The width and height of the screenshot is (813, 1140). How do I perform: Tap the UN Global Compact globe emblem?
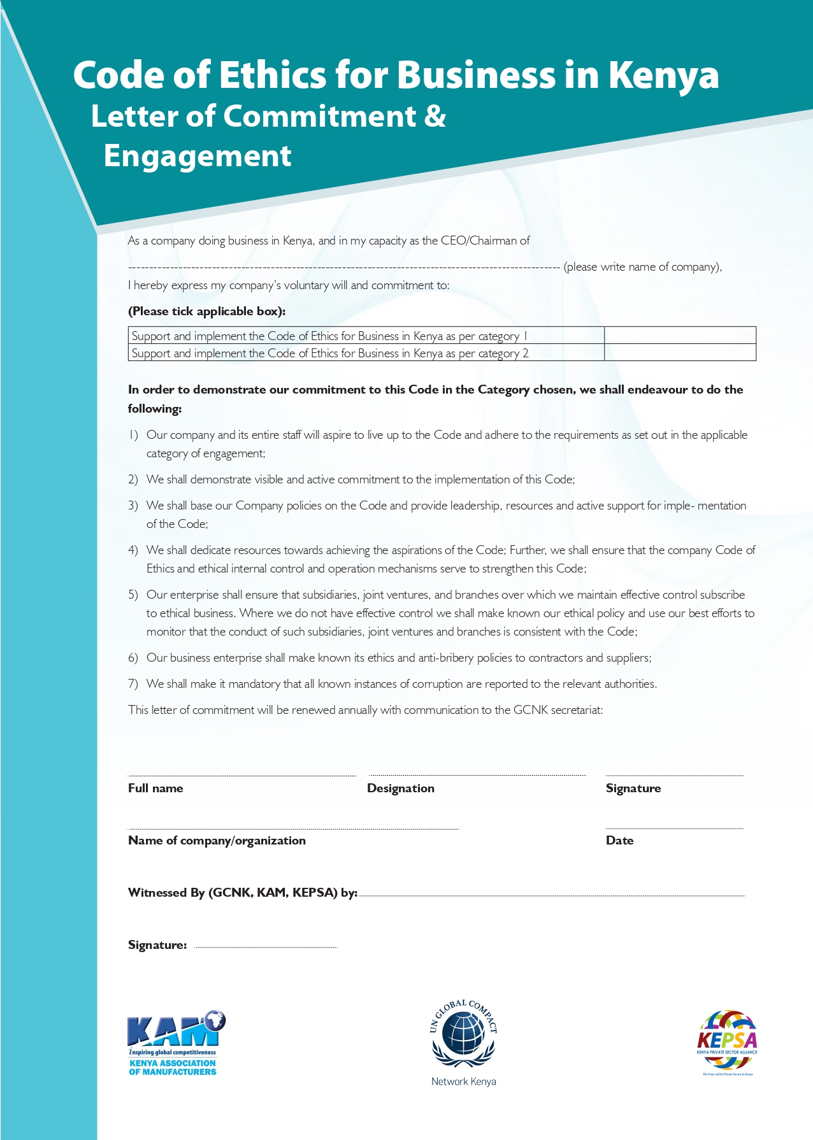pos(463,1036)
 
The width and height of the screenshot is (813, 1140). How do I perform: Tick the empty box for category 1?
pos(680,336)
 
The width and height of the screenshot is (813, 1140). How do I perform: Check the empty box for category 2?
pos(680,353)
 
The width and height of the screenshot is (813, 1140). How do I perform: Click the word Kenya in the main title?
pos(663,75)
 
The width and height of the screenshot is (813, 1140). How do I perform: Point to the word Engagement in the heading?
pos(198,156)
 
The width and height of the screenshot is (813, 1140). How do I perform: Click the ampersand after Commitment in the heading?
pos(435,116)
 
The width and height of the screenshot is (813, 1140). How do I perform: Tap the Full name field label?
pos(155,788)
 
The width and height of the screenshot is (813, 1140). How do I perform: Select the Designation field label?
pos(401,788)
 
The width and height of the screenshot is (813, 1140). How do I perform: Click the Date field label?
pos(619,841)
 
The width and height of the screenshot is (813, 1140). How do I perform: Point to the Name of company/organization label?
pos(217,841)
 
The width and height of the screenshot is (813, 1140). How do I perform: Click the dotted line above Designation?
pos(477,775)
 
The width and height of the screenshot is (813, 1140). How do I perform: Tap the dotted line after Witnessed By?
pos(552,895)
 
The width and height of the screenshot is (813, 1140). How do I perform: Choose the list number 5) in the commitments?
pos(133,595)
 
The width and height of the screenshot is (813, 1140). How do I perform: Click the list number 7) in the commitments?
pos(133,684)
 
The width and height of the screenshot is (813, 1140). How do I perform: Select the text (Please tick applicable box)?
pos(207,311)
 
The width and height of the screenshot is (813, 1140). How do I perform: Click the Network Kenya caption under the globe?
pos(463,1081)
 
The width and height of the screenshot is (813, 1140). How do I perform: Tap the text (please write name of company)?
pos(642,267)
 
